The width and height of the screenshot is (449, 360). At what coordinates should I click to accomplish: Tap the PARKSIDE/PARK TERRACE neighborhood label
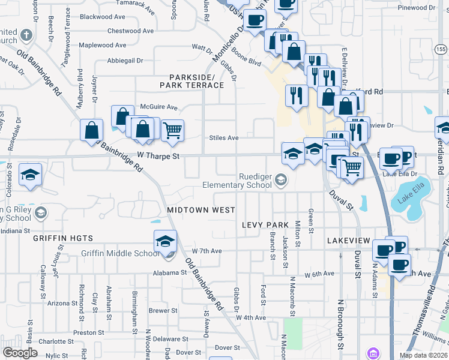point(191,82)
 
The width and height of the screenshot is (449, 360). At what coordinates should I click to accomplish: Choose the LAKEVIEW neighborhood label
point(349,240)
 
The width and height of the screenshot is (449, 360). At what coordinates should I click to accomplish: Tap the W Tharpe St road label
point(158,155)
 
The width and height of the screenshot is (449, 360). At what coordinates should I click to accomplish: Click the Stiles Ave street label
point(223,138)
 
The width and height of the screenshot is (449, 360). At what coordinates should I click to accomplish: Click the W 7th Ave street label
point(206,251)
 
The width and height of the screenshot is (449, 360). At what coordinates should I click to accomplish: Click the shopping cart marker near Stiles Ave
point(172,129)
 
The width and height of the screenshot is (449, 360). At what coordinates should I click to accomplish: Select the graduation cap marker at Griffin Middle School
point(165,241)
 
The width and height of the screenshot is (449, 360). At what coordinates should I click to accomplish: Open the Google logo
point(20,353)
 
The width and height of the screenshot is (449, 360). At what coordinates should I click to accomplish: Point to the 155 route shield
point(441,49)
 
